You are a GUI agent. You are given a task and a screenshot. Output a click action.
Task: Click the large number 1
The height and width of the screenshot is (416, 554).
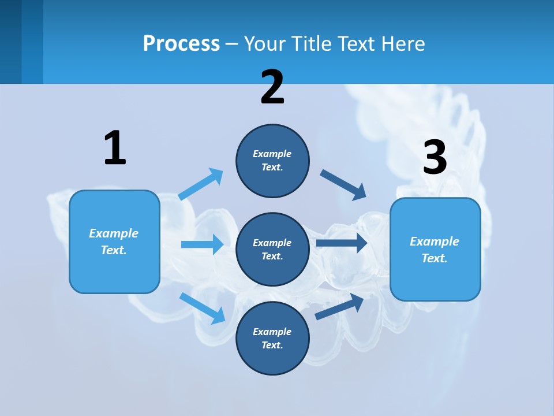click(x=115, y=148)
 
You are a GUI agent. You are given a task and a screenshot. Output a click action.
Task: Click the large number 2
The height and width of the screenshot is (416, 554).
click(x=272, y=88)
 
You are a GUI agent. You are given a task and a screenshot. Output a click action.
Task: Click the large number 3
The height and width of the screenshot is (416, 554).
click(x=435, y=158)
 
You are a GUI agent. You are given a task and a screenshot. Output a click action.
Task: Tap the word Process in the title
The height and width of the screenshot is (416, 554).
click(x=181, y=43)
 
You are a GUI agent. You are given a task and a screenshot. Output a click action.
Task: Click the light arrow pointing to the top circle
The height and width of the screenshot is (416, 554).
click(x=201, y=184)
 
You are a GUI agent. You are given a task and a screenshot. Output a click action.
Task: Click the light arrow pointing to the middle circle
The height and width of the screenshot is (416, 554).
click(x=202, y=244)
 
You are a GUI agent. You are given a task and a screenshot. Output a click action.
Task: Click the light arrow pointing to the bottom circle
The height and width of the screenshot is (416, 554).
click(x=202, y=308)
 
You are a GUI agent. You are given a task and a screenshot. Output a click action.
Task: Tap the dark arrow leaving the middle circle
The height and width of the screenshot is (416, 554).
click(x=341, y=243)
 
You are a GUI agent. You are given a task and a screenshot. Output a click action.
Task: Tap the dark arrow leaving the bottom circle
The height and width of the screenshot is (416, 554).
click(x=339, y=307)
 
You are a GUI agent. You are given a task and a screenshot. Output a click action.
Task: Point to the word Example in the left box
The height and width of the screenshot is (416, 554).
click(x=114, y=233)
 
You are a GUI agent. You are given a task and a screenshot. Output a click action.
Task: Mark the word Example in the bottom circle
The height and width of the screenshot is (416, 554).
click(x=272, y=332)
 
